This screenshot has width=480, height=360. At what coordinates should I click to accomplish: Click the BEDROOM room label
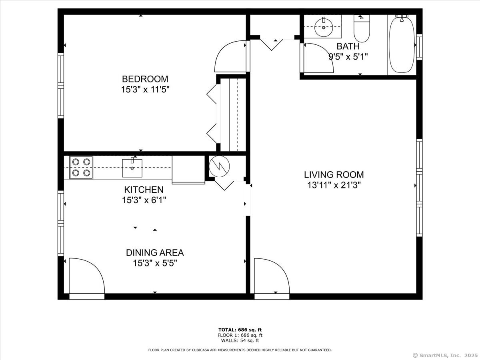145,79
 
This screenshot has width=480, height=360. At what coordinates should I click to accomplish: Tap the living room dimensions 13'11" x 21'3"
334,185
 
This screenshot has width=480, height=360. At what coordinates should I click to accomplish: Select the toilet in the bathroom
362,28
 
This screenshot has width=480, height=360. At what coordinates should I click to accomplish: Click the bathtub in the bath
402,44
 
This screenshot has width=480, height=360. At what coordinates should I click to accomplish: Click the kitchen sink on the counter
132,168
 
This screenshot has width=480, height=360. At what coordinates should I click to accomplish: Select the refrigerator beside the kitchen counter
188,170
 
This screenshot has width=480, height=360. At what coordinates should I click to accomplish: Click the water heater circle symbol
219,165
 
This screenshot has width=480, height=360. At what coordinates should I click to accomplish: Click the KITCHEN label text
144,190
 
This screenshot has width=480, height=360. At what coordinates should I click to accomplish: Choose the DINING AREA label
155,252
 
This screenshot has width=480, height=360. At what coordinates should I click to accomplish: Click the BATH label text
348,46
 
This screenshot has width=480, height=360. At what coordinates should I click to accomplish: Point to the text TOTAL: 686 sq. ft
240,329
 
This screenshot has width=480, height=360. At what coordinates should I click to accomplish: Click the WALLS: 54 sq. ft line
240,341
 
